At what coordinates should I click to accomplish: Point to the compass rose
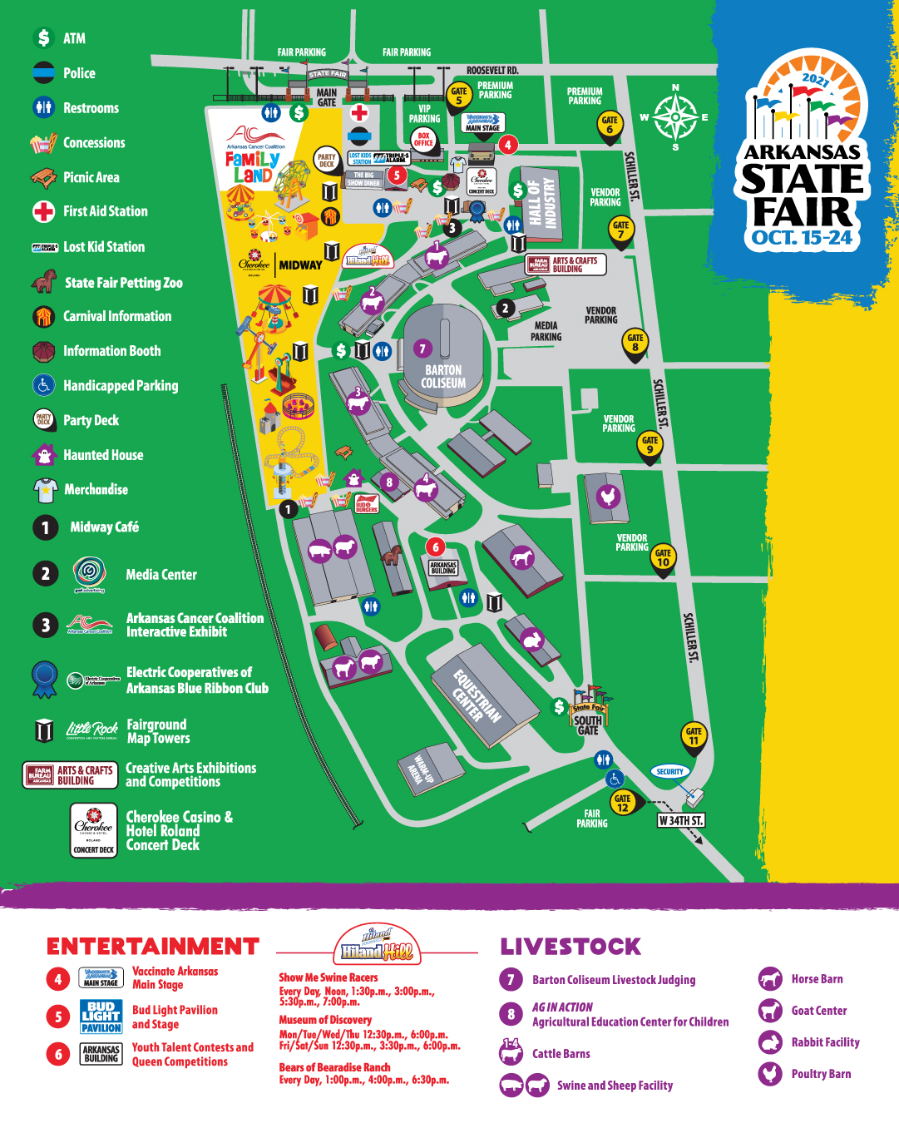point(675,117)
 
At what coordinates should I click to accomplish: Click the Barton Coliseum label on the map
point(443,376)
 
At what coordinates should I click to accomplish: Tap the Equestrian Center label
point(477,696)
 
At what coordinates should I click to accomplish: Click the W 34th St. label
point(680,820)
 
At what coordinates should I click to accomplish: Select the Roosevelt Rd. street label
point(491,71)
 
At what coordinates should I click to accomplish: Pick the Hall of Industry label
point(543,205)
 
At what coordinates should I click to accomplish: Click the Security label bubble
point(669,771)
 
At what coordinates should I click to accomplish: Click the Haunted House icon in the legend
point(43,455)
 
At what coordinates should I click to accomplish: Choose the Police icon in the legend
point(43,73)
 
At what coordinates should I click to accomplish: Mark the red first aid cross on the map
point(359,112)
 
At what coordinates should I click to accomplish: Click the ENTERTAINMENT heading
point(153,947)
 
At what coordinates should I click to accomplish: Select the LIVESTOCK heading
point(571,947)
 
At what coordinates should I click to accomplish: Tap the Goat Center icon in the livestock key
point(770,1011)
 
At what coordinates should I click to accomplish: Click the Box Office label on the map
point(423,139)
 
